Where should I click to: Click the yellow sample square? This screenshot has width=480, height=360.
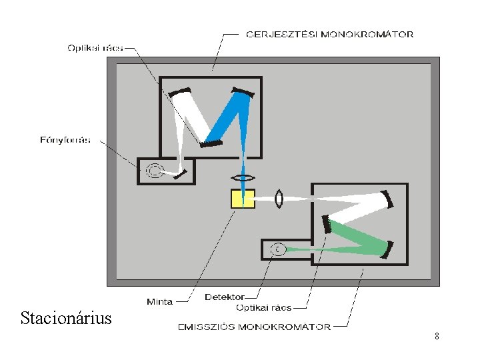click(243, 199)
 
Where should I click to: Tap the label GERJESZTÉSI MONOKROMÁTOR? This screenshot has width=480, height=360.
click(329, 34)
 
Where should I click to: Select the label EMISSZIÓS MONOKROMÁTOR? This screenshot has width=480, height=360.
click(253, 327)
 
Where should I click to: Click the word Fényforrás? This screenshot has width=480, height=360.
click(65, 140)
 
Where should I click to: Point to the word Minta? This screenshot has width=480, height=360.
click(160, 301)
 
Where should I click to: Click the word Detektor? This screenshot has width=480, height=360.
click(225, 297)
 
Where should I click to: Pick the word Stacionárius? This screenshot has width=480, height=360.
click(66, 317)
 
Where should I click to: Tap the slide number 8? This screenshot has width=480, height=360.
click(437, 337)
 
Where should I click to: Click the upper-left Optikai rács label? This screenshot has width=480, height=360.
click(95, 47)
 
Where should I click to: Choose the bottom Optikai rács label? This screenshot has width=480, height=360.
click(264, 308)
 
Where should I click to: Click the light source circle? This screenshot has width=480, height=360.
click(154, 171)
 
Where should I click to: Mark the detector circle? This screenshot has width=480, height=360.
click(278, 249)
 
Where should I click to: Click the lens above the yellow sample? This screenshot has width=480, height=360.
click(243, 178)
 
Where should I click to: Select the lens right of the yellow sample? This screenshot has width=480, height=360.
click(279, 199)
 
